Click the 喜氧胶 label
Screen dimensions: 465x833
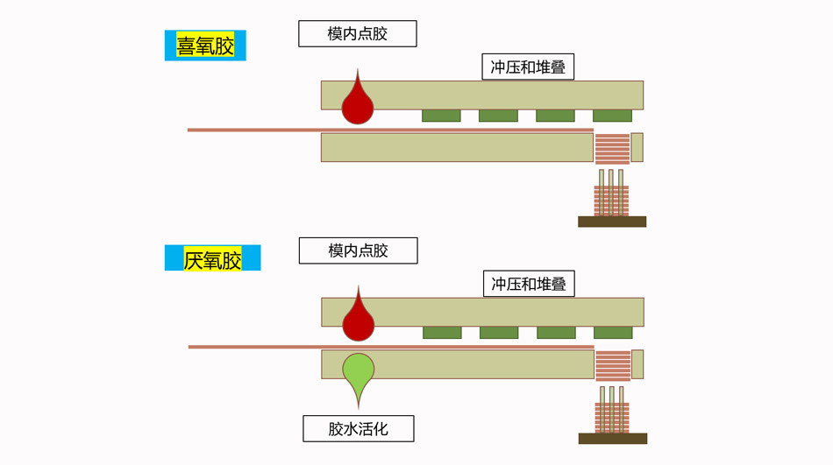(x=205, y=46)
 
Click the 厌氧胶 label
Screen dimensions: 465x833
(x=212, y=259)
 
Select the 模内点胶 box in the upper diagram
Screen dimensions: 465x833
(x=357, y=34)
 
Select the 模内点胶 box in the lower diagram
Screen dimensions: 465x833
(x=358, y=250)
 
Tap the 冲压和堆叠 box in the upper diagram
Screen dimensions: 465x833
(x=528, y=67)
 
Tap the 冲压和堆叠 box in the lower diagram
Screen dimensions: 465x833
(x=529, y=284)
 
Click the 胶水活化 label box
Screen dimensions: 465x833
(x=358, y=429)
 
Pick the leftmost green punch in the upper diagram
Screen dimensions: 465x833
(x=441, y=116)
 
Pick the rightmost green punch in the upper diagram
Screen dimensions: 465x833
(x=612, y=116)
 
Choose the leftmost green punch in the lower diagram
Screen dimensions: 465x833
(x=442, y=333)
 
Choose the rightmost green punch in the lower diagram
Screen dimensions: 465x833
(x=613, y=333)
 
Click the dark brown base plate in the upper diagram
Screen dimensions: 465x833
(x=612, y=222)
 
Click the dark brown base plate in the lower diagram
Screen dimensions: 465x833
(x=613, y=438)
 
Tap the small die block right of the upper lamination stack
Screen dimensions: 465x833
(x=637, y=147)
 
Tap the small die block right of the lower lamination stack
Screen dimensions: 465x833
(x=637, y=364)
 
